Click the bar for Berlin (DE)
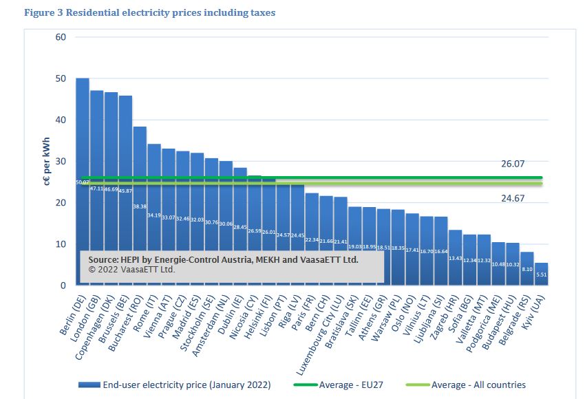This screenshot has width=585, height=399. (x=82, y=138)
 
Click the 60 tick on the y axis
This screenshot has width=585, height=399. (x=61, y=37)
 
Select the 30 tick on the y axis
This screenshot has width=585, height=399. (x=61, y=161)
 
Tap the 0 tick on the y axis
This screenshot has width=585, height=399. (x=63, y=285)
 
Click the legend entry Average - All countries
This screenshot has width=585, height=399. (x=478, y=385)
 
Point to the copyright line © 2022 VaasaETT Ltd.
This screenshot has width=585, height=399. (x=131, y=270)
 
